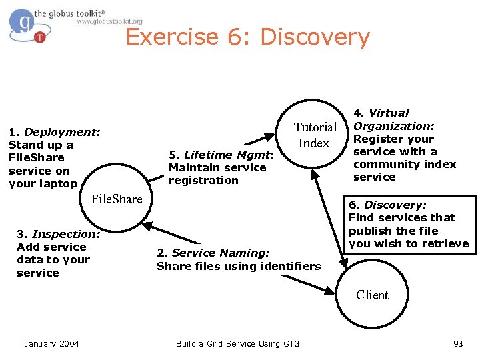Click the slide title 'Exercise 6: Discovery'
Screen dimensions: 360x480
pos(247,37)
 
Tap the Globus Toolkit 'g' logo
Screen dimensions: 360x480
pos(25,24)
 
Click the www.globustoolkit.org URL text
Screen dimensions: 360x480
pos(109,21)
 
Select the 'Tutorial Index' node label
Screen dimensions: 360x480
pos(315,135)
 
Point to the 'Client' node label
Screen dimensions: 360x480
pos(372,295)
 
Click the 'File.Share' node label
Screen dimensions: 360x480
pos(117,199)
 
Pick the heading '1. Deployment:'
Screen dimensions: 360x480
pos(54,132)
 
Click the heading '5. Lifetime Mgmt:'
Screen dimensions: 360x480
pos(221,155)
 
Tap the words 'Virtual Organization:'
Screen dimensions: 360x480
pos(393,119)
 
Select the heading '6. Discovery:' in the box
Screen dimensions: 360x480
pos(387,205)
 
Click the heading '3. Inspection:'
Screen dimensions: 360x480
pos(58,234)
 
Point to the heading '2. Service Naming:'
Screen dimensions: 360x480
pos(213,253)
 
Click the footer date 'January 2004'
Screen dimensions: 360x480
pos(51,343)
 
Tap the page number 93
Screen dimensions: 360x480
pos(457,343)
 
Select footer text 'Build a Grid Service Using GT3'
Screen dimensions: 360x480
pos(237,343)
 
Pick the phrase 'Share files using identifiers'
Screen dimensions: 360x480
pos(238,266)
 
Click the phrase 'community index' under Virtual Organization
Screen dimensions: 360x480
pos(405,164)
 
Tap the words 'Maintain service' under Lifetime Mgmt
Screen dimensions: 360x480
pos(217,167)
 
